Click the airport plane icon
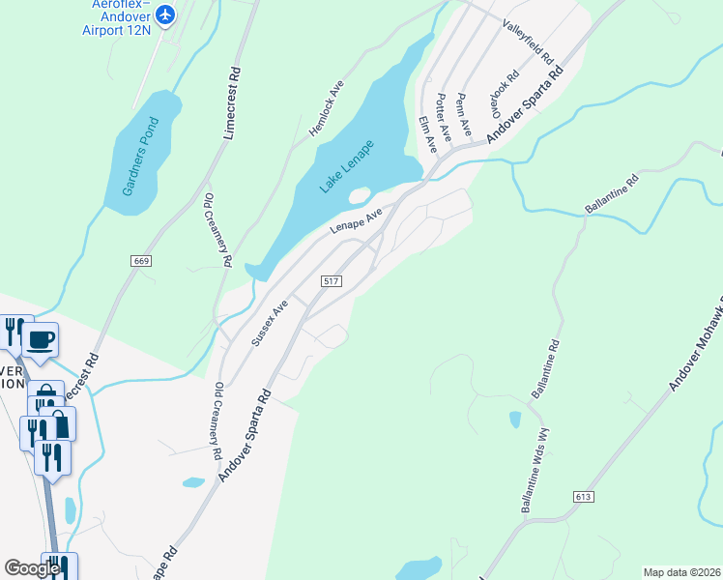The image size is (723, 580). pyautogui.click(x=165, y=14)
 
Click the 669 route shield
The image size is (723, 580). pyautogui.click(x=141, y=261)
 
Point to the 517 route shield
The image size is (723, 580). pyautogui.click(x=331, y=281)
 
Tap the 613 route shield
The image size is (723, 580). pyautogui.click(x=581, y=496)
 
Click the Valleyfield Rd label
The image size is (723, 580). pyautogui.click(x=527, y=47)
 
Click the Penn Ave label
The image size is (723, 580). pyautogui.click(x=464, y=113)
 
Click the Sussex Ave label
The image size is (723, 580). pyautogui.click(x=270, y=323)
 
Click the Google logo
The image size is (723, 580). pyautogui.click(x=31, y=568)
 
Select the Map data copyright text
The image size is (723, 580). pyautogui.click(x=681, y=572)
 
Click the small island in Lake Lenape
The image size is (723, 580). pyautogui.click(x=359, y=196)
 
